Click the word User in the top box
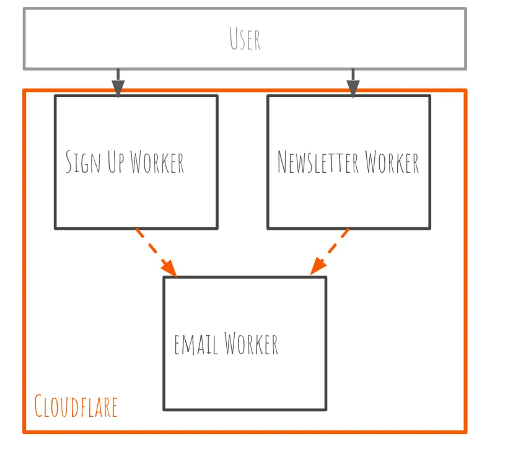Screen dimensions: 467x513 point(245,38)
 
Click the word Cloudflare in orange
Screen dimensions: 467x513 point(76,407)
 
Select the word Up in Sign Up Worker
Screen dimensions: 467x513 point(116,162)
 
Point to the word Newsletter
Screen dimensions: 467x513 point(318,162)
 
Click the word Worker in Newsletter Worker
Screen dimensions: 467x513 point(392,162)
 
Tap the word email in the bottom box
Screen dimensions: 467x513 point(196,344)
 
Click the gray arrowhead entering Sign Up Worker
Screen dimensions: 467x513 point(118,89)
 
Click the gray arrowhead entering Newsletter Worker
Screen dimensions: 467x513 point(353,89)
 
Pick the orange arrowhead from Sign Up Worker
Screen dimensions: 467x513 point(170,268)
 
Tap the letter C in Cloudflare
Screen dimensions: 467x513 point(39,407)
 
